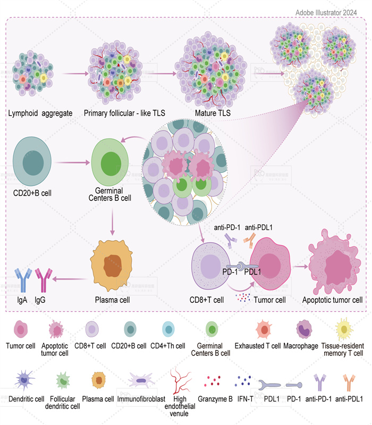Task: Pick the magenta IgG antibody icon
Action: tap(44, 280)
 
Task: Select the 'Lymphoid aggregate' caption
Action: tap(40, 114)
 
